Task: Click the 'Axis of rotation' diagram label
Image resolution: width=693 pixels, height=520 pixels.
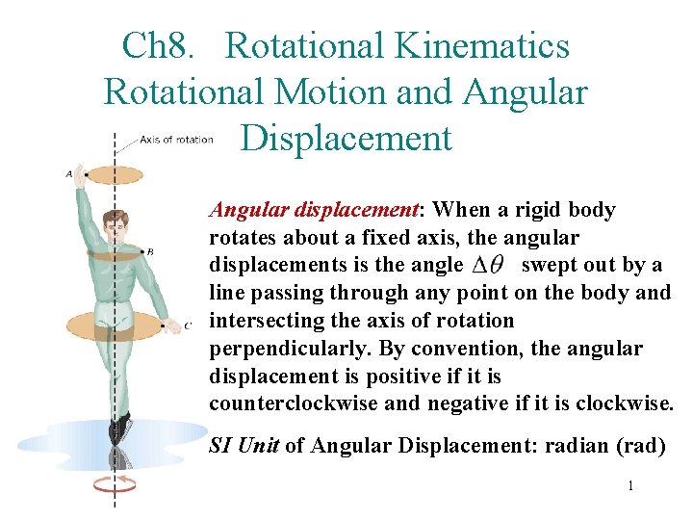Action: coord(176,140)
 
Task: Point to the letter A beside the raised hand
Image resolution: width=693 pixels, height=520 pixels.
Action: coord(68,174)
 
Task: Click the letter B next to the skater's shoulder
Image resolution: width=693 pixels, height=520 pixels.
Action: coord(149,251)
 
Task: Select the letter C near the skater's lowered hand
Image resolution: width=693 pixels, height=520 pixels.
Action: coord(188,325)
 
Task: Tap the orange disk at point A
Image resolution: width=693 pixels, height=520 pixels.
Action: coord(115,175)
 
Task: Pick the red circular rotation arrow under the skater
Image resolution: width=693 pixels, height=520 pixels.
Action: coord(115,483)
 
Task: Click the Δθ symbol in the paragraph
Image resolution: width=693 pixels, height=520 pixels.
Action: coord(489,267)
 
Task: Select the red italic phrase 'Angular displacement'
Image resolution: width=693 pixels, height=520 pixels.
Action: coord(317,210)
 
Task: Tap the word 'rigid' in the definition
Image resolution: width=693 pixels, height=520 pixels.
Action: coord(541,210)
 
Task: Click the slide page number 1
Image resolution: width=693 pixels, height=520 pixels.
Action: coord(630,486)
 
